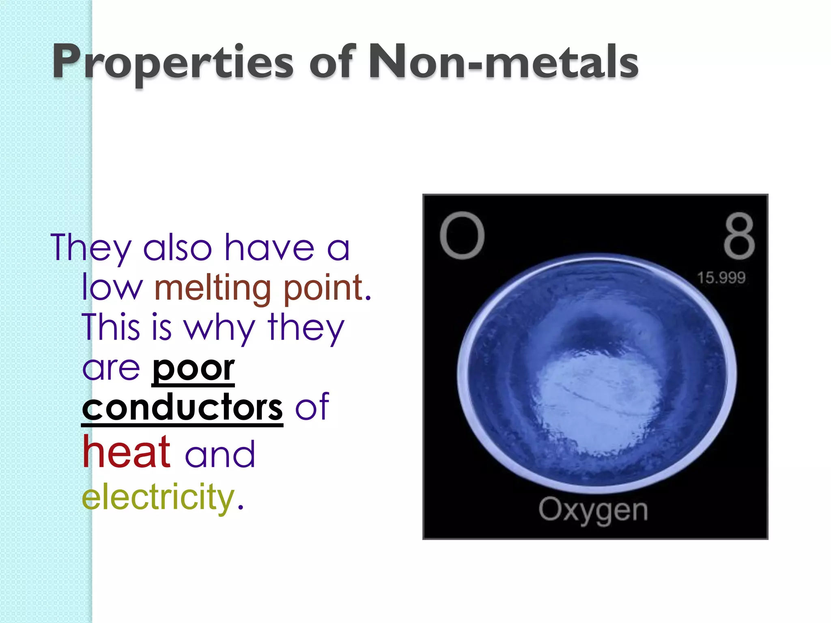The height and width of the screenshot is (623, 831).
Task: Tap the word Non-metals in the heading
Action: pos(503,62)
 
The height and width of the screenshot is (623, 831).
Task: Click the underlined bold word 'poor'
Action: pos(193,368)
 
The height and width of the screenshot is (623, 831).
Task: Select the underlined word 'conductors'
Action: pos(182,408)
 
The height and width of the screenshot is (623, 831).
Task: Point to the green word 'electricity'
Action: pos(158,497)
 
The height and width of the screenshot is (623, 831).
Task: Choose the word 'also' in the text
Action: pos(178,247)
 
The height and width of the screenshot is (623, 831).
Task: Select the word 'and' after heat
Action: pos(220,454)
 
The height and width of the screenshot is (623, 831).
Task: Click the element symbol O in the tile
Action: pos(462,236)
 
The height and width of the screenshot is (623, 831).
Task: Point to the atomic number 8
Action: pos(739,236)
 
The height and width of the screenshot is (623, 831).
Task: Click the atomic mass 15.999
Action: pos(721,278)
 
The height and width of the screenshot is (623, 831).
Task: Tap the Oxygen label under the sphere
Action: pos(593,510)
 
